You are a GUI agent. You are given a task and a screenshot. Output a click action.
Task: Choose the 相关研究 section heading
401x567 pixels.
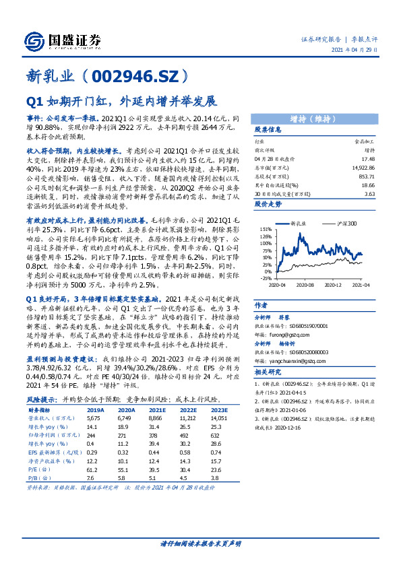(x=268, y=372)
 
